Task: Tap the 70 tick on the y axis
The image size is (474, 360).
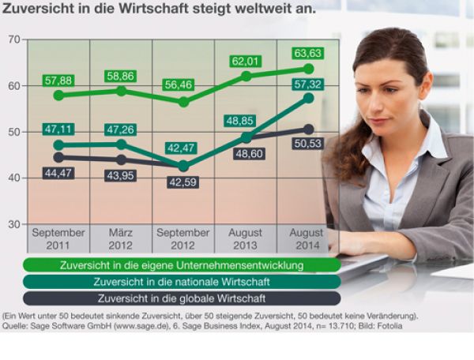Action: tap(14, 40)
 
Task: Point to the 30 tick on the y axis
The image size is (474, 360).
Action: tap(14, 224)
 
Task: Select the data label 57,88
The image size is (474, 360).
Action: tap(58, 81)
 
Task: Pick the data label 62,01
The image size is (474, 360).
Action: tap(246, 61)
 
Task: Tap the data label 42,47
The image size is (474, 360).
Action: tap(182, 148)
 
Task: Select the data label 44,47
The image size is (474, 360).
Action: tap(58, 173)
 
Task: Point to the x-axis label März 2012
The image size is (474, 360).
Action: tap(120, 239)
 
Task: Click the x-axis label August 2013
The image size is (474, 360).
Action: tap(245, 239)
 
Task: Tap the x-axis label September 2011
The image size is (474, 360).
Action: tap(58, 239)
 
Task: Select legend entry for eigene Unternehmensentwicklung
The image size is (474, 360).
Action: tap(182, 265)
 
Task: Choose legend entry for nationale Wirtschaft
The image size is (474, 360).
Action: tap(182, 282)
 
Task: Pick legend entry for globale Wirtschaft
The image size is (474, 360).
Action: tap(182, 298)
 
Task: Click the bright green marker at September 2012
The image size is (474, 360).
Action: tap(183, 102)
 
